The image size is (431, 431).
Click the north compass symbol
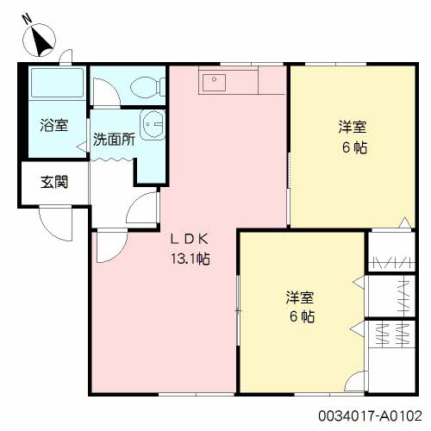coord(40,41)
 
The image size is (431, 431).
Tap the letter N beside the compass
coord(28,19)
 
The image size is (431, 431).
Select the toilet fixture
coord(148,86)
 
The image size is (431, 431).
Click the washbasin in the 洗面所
coord(153,125)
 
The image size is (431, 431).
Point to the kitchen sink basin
coord(214,83)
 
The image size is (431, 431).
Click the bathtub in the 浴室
coord(58,83)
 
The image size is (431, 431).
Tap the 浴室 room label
coord(54,125)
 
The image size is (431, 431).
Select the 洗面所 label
coord(114,140)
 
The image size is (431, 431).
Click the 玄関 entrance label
coord(54,182)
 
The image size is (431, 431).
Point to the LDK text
coord(189,240)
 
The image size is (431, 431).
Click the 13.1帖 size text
coord(191,259)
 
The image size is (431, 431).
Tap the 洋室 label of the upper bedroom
coord(353,127)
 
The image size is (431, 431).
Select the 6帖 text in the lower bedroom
coord(302,316)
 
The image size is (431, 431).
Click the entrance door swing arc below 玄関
coord(51,230)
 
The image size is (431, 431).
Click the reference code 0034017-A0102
coord(371,415)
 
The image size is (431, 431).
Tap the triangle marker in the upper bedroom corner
coord(405,222)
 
